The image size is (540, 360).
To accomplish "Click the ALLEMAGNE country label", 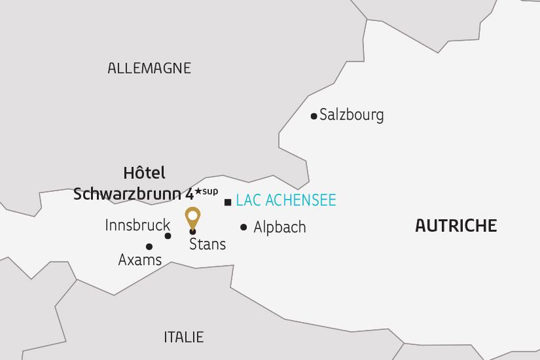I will tap(149, 68).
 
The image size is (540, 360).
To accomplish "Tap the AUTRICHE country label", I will tap(456, 226).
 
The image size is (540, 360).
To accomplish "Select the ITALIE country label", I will tap(183, 337).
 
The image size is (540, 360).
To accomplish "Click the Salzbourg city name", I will tap(351, 115).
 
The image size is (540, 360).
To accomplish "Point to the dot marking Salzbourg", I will tap(314, 117).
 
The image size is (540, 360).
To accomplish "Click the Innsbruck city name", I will tap(137, 225).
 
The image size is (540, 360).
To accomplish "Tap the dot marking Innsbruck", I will tap(168, 236).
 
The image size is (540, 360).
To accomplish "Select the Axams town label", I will tap(140, 260).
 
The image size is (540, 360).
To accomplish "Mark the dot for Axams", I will tap(149, 247).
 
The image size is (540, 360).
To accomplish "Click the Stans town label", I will tap(207, 244).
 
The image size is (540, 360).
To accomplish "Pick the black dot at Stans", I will tap(192, 232).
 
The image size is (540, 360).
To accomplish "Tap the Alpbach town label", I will tap(279, 228).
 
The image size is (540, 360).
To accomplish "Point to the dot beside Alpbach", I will tap(243, 227).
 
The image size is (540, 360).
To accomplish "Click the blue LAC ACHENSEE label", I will tap(285, 200).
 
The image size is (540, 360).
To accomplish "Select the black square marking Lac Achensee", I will tap(227, 202).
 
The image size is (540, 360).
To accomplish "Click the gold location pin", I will tap(192, 216).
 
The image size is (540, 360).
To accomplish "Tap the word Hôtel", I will tap(144, 173).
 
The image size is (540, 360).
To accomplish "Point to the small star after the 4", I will tap(197, 190).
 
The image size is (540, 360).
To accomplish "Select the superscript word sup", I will tap(209, 190).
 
